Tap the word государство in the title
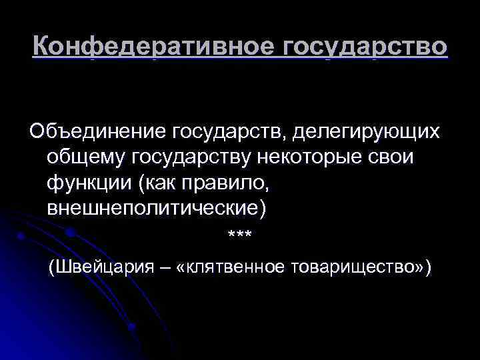(x=365, y=47)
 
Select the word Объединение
(x=97, y=131)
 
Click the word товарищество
(x=353, y=268)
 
